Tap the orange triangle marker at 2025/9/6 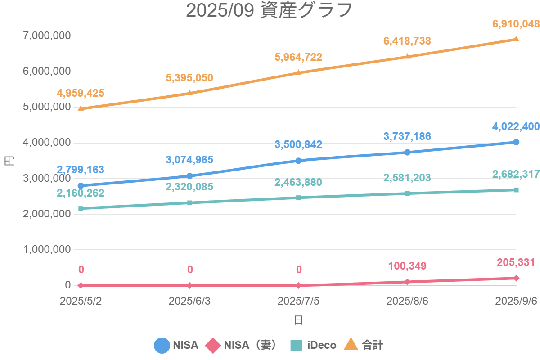(x=516, y=39)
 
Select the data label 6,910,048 (x=516, y=24)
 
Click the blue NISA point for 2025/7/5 (x=299, y=161)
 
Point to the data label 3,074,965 (x=189, y=160)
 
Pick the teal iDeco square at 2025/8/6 (x=407, y=193)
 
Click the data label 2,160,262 (x=81, y=193)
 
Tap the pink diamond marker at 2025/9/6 (x=516, y=278)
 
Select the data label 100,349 (x=407, y=266)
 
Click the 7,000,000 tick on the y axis (x=46, y=36)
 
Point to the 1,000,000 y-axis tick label (x=46, y=250)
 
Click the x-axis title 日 (x=298, y=320)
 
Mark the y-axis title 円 (x=9, y=161)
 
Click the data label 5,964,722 (x=298, y=57)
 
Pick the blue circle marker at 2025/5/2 (x=81, y=186)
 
